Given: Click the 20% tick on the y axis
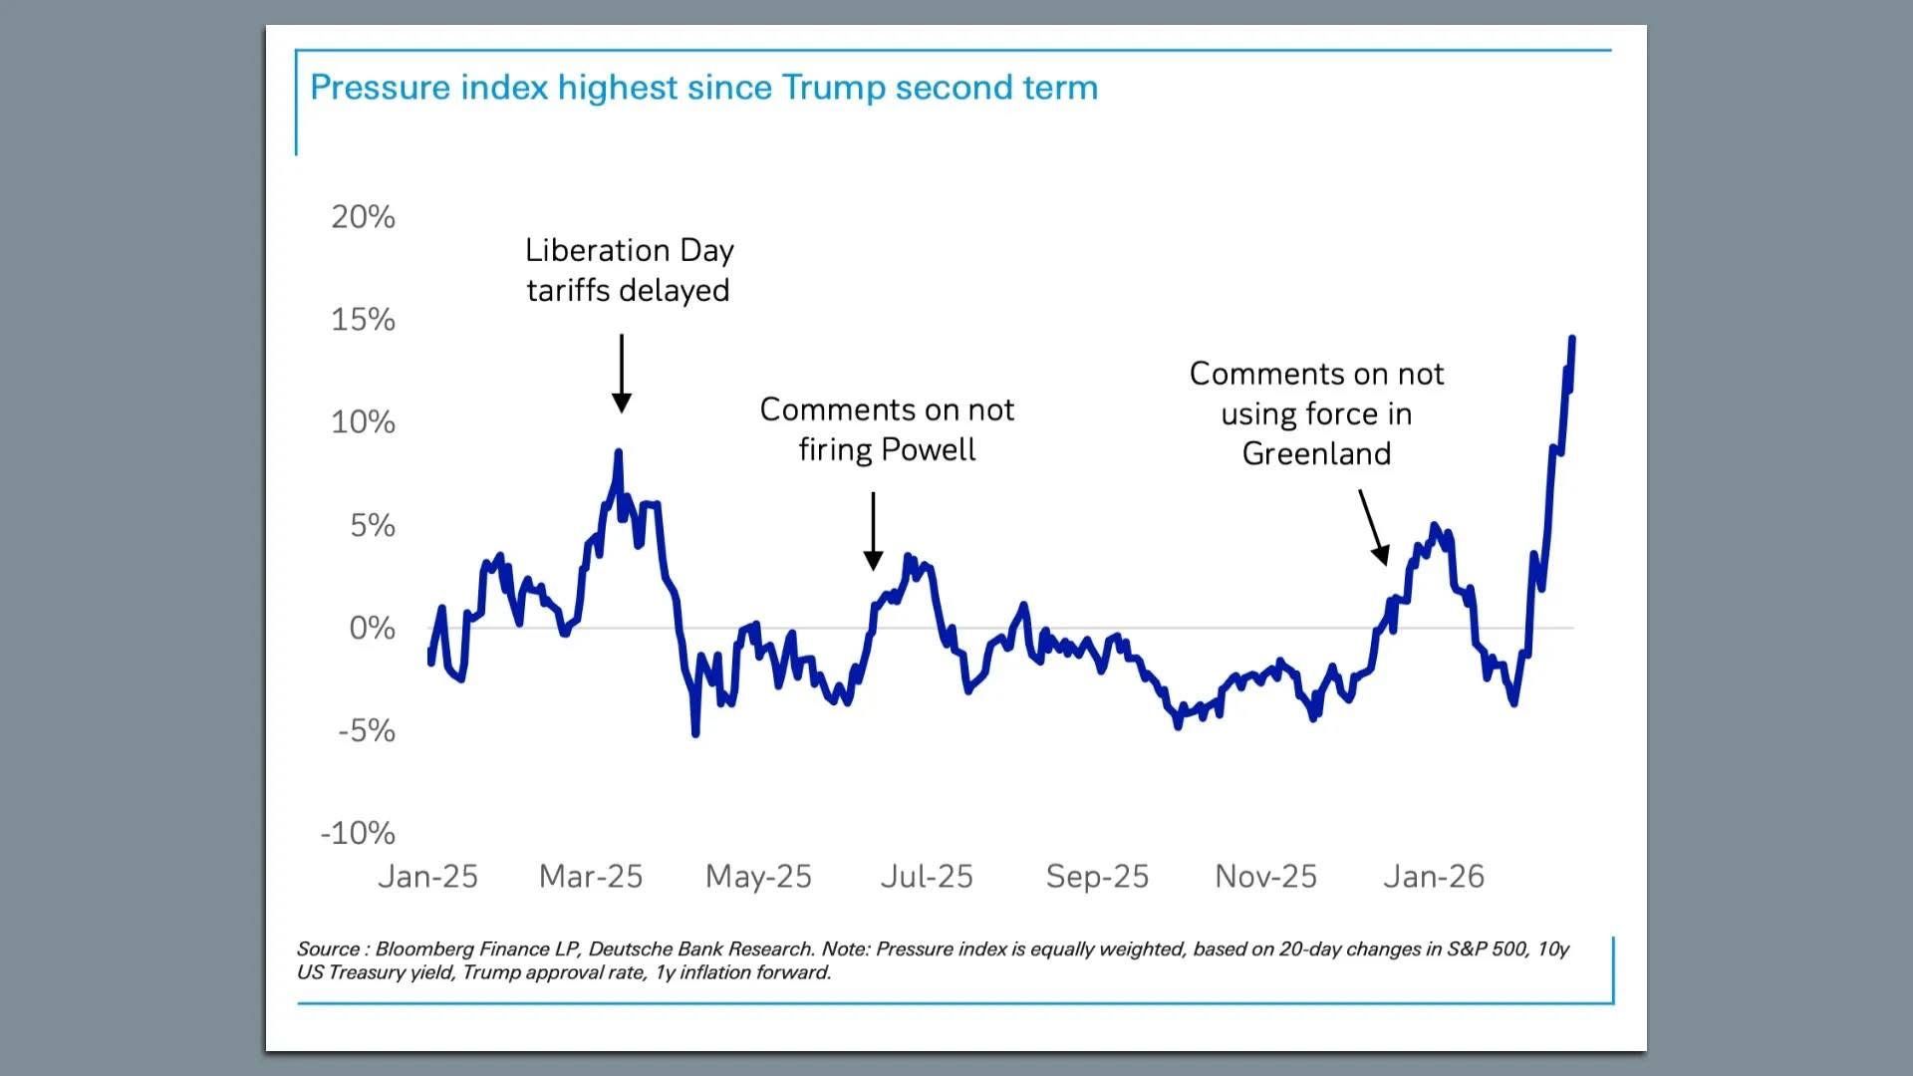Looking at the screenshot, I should [363, 216].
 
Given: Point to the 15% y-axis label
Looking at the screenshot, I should [363, 319].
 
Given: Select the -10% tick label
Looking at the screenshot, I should [358, 832].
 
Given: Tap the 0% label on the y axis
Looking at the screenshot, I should [372, 628].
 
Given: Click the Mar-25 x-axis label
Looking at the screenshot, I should [591, 876].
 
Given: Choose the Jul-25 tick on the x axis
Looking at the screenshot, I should [927, 876].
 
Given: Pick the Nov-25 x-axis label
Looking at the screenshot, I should [1265, 876].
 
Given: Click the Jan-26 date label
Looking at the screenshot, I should [1434, 876].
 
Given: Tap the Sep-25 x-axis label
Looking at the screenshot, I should [1097, 876].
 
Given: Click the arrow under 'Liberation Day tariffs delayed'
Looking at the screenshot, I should [622, 374].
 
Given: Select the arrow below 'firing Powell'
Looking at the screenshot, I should [873, 530].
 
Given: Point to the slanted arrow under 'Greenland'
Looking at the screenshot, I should [1373, 527].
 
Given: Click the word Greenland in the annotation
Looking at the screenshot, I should [1316, 453].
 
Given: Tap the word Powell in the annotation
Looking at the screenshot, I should [929, 449].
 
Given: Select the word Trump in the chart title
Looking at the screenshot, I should [833, 88].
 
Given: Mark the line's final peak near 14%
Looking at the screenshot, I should [1572, 340].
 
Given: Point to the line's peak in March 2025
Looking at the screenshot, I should [618, 453].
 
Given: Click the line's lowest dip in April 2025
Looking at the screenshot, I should [695, 733].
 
